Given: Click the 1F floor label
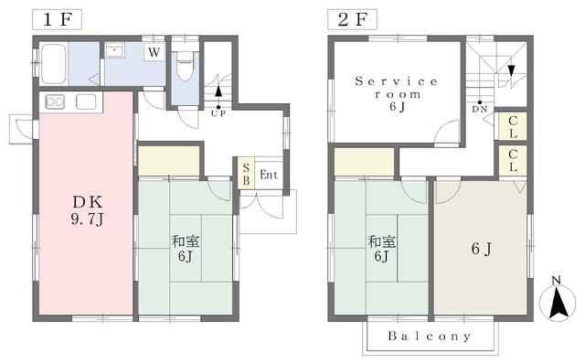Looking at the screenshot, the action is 57,19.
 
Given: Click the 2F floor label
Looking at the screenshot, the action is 352,19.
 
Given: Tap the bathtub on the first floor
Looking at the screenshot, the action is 53,64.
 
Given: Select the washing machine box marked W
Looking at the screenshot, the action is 154,52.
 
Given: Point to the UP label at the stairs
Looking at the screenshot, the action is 218,113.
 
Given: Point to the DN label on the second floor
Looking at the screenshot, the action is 479,110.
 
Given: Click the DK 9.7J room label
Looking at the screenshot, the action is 88,211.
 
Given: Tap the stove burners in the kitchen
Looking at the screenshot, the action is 55,101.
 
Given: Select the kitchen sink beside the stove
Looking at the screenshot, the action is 86,101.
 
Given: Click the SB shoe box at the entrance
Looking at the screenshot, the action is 246,174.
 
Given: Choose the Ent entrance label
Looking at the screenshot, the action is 269,175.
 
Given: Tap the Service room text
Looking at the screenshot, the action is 396,88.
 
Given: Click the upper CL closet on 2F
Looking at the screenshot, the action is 513,127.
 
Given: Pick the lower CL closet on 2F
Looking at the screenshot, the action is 513,160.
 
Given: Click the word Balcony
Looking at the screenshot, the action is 430,336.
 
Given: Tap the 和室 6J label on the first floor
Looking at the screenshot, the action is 186,249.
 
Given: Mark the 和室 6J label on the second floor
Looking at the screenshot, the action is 382,249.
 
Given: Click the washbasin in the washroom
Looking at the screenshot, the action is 114,49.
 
